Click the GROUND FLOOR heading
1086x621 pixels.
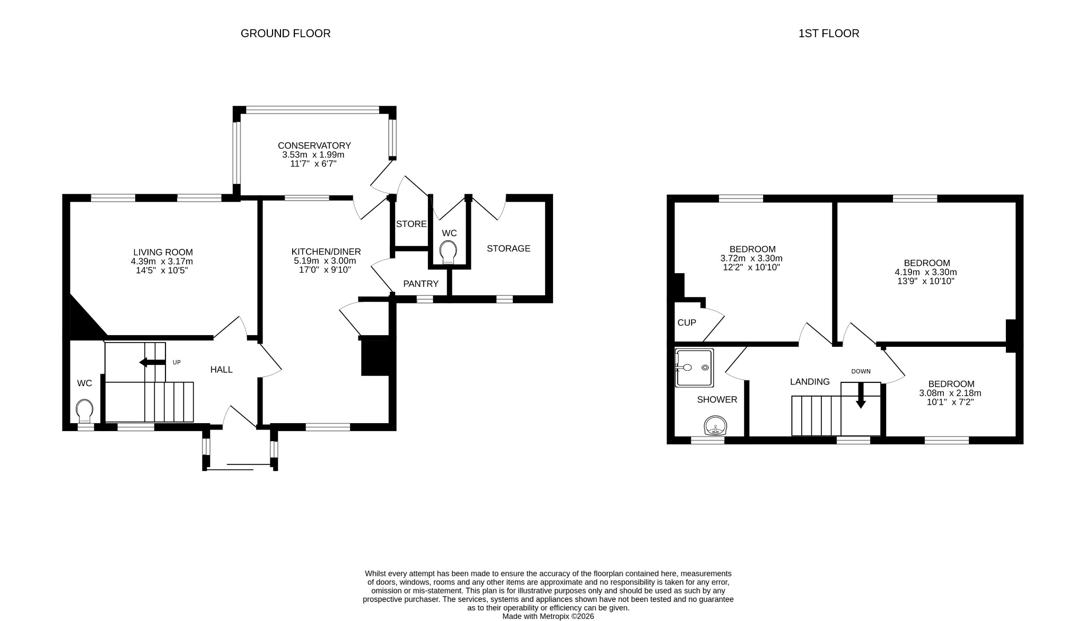pos(285,33)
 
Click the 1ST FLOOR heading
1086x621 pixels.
pos(828,33)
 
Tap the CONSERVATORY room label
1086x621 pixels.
pos(314,145)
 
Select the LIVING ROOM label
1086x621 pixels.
pos(163,252)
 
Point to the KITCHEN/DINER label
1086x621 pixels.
pos(326,251)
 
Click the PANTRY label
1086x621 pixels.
pos(421,284)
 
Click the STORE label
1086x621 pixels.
pos(411,224)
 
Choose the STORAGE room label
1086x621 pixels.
pos(508,248)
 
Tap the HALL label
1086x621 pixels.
pos(221,370)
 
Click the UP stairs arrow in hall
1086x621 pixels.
pos(152,362)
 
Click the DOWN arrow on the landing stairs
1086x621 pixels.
pos(860,396)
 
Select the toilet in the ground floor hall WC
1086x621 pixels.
pos(84,410)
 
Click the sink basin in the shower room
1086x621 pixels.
pos(715,425)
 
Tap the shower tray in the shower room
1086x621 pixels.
pos(694,368)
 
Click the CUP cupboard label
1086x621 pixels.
pos(686,322)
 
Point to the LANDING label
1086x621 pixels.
pos(809,382)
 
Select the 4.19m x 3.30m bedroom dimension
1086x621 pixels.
pos(925,272)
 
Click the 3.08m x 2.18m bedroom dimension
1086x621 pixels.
pos(950,393)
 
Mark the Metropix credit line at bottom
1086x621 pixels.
pos(548,616)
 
